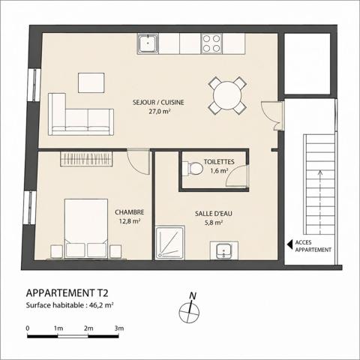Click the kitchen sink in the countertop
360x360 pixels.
148,43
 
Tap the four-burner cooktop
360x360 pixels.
211,43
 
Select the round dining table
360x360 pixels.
227,95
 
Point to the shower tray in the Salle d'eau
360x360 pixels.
170,242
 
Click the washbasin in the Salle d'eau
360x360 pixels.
224,250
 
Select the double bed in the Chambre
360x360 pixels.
86,229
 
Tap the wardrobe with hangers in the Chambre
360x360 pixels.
86,158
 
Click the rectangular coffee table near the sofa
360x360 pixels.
91,82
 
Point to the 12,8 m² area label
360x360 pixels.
130,221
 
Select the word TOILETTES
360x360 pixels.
219,162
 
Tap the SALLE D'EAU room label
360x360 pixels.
214,214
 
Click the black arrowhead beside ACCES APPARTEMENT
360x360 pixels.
289,244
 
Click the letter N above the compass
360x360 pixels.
193,296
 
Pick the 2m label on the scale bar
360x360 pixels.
88,328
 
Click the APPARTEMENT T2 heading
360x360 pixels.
67,293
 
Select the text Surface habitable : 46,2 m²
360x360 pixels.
70,305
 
